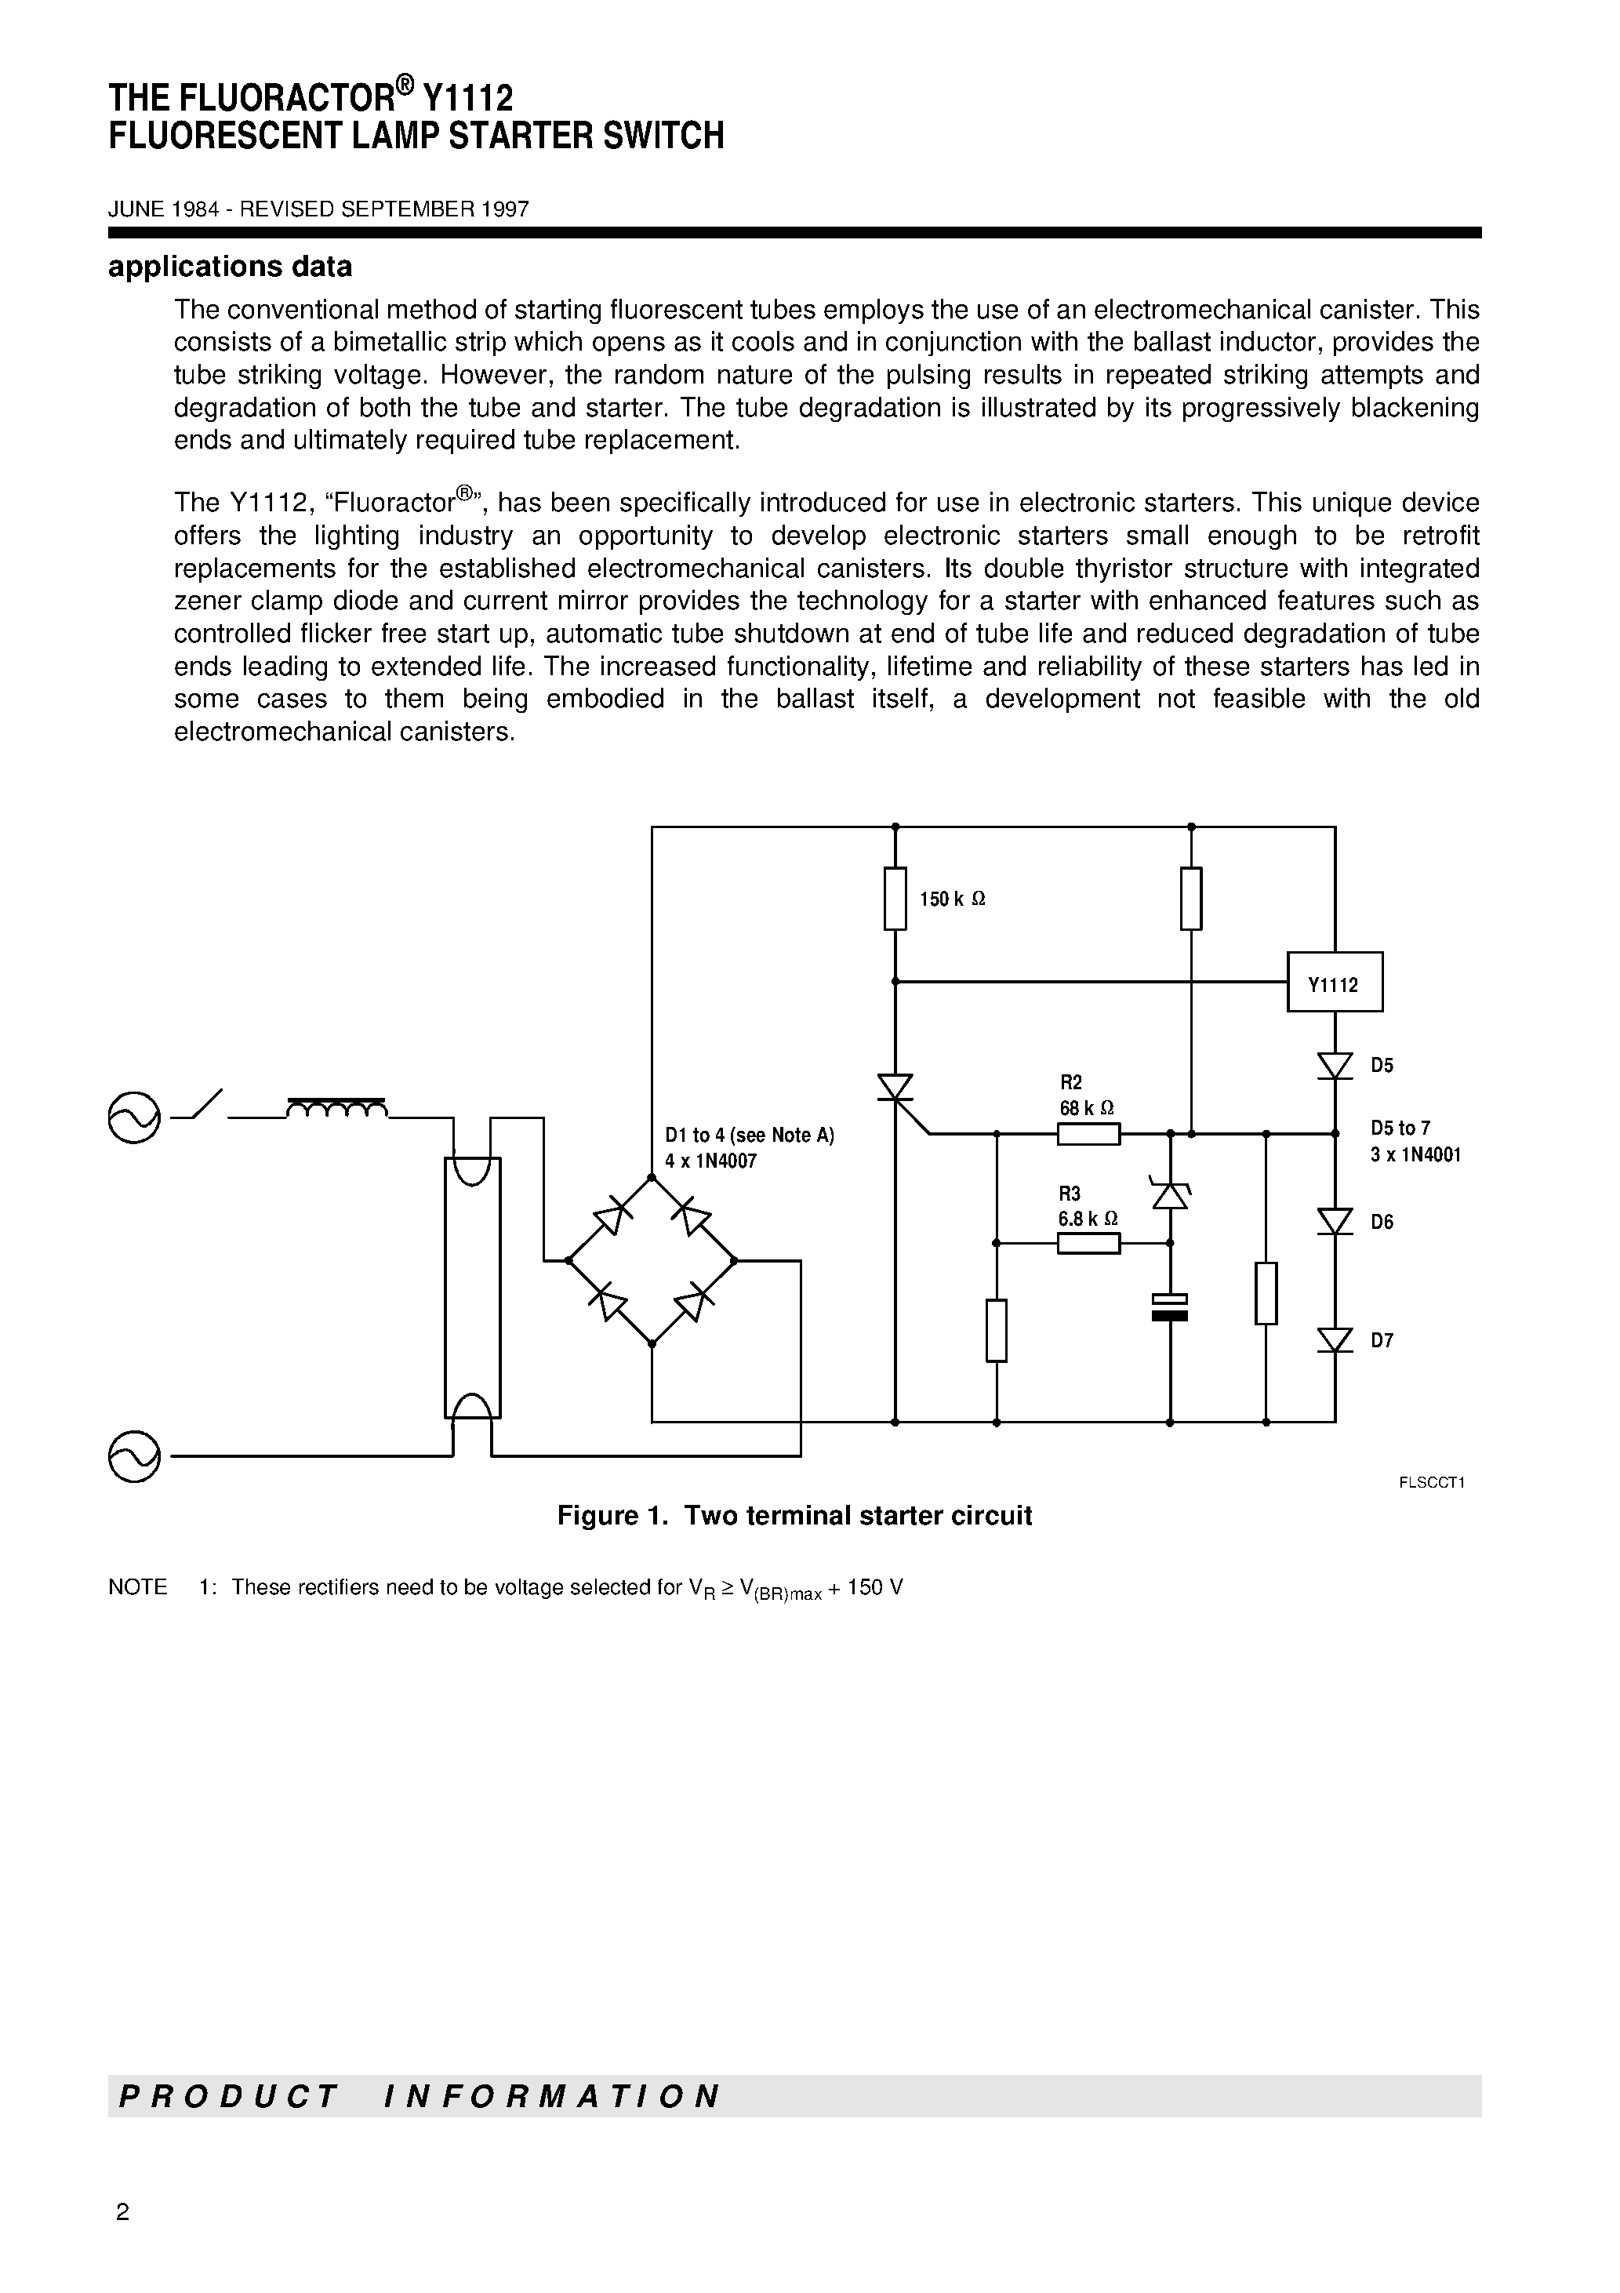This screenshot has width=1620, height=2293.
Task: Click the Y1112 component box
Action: (1335, 983)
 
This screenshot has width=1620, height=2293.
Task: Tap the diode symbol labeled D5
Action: (1335, 1067)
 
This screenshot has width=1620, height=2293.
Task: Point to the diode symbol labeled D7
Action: (1335, 1340)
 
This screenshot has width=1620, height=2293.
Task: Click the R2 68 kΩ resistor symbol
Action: (1088, 1133)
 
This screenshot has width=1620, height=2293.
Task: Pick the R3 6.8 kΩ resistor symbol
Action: (1088, 1244)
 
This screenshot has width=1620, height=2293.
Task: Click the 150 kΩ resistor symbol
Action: (896, 899)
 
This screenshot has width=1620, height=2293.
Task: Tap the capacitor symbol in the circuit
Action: (1170, 1307)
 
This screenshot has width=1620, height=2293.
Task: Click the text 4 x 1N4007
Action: (711, 1161)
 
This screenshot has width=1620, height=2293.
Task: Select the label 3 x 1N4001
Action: (1415, 1155)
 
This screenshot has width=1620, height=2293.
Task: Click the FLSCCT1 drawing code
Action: (1431, 1483)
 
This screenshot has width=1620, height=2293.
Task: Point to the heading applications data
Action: (230, 267)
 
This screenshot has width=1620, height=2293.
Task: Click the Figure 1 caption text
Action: (794, 1516)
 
